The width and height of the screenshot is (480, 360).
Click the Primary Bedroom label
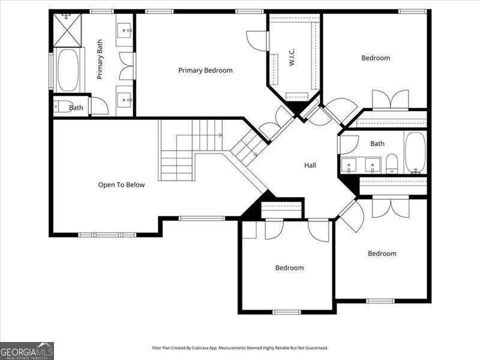(205, 70)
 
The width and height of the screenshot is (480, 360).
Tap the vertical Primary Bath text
(100, 59)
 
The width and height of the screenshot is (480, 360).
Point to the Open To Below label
(121, 185)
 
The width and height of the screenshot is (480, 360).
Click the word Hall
(310, 165)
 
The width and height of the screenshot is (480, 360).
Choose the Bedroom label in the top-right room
(376, 58)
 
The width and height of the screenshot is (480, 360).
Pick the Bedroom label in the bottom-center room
(289, 268)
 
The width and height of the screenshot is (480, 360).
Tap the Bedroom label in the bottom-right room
(382, 253)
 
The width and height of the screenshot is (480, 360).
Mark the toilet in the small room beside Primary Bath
(62, 107)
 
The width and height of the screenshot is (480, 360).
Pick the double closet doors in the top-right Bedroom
(390, 100)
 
